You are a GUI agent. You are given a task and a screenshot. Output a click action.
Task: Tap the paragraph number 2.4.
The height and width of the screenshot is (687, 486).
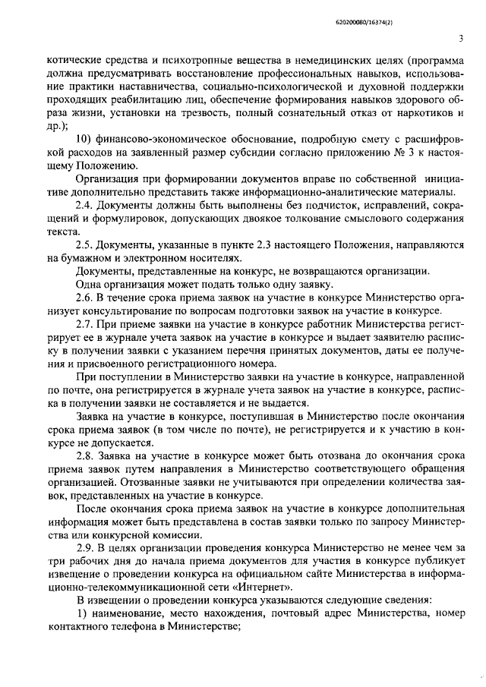[84, 205]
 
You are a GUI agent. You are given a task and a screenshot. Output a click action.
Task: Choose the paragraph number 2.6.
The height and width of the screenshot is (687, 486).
[84, 297]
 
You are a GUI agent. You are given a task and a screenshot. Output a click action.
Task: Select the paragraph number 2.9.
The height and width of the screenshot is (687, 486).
[84, 548]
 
